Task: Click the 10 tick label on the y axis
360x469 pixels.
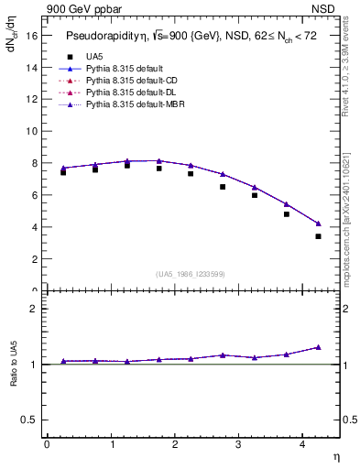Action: [x=35, y=131]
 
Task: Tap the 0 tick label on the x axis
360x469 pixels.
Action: [x=47, y=444]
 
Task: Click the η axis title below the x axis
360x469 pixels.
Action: [x=335, y=456]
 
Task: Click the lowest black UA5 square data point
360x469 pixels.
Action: [x=318, y=236]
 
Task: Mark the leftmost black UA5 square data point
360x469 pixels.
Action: [x=63, y=172]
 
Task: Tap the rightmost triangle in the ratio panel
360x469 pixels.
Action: [x=318, y=347]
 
